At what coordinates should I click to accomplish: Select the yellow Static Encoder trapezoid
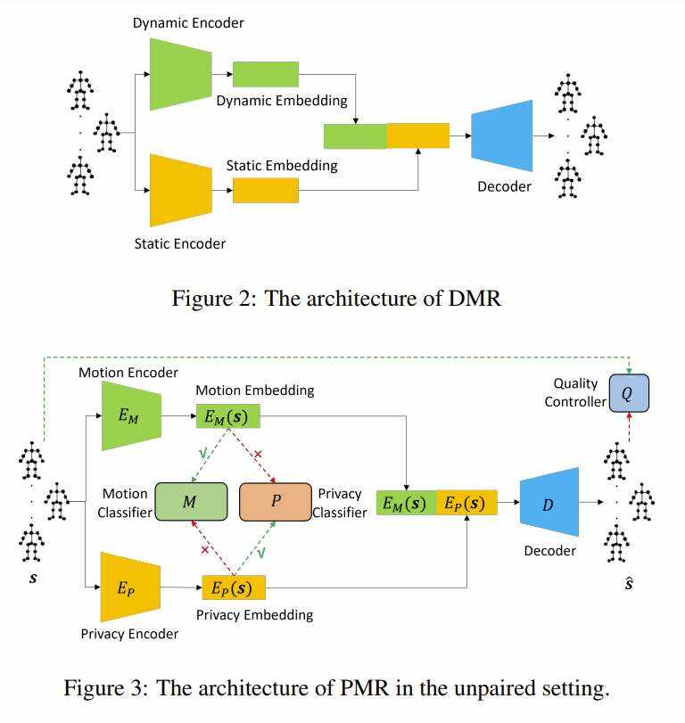point(180,190)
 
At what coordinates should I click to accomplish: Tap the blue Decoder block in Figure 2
point(501,136)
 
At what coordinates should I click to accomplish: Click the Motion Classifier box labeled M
point(189,502)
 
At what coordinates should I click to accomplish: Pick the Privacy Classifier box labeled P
point(276,502)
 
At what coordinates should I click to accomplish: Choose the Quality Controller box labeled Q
point(629,392)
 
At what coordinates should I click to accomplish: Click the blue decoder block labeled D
point(548,505)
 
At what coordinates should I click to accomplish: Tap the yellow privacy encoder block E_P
point(130,587)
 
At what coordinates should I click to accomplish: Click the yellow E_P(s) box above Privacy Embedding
point(235,587)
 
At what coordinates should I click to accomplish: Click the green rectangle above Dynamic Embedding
point(265,74)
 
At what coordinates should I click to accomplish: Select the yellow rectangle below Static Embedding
point(265,190)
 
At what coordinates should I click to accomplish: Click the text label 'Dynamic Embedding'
point(282,101)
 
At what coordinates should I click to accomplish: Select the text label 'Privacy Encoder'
point(129,634)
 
